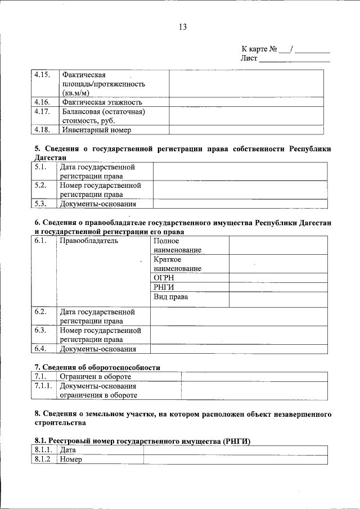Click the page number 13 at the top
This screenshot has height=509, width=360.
click(182, 26)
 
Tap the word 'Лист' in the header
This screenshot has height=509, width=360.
click(249, 58)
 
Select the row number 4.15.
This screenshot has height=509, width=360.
click(42, 74)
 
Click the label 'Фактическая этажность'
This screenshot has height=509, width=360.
click(102, 102)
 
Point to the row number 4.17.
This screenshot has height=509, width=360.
click(42, 111)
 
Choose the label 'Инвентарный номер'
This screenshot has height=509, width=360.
click(97, 130)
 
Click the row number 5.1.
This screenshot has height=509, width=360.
click(40, 167)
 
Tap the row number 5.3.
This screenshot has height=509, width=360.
click(40, 204)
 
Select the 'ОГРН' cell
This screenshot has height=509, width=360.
click(164, 278)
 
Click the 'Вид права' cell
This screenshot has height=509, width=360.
click(170, 297)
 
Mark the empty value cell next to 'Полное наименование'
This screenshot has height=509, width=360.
click(278, 245)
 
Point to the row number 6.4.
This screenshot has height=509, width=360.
click(40, 349)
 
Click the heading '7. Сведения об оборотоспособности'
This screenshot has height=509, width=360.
click(97, 367)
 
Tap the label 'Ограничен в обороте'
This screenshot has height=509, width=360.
click(95, 377)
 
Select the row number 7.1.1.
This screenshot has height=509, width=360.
click(43, 386)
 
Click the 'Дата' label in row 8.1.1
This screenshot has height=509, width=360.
click(67, 450)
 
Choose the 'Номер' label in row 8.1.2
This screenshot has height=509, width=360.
click(71, 460)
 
